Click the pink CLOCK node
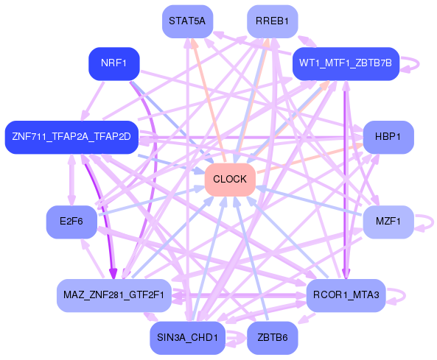click(230, 180)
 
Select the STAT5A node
click(186, 21)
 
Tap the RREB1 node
click(272, 21)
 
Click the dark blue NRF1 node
click(114, 63)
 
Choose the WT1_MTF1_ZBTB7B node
click(346, 64)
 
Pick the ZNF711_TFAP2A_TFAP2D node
click(71, 137)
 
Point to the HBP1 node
click(388, 137)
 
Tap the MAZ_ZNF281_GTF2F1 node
click(113, 295)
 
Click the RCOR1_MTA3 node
click(346, 295)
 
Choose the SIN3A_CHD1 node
click(187, 338)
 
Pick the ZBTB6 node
click(272, 338)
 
